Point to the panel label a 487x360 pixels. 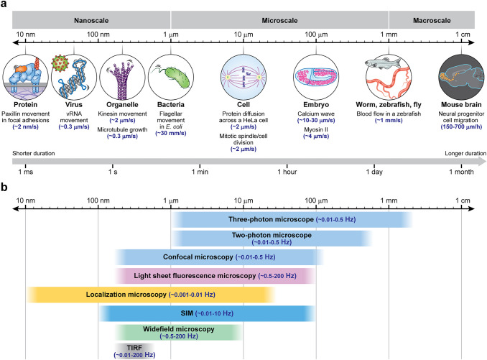coord(5,5)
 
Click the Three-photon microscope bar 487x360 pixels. coord(292,219)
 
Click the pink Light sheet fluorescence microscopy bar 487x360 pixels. coord(215,275)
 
